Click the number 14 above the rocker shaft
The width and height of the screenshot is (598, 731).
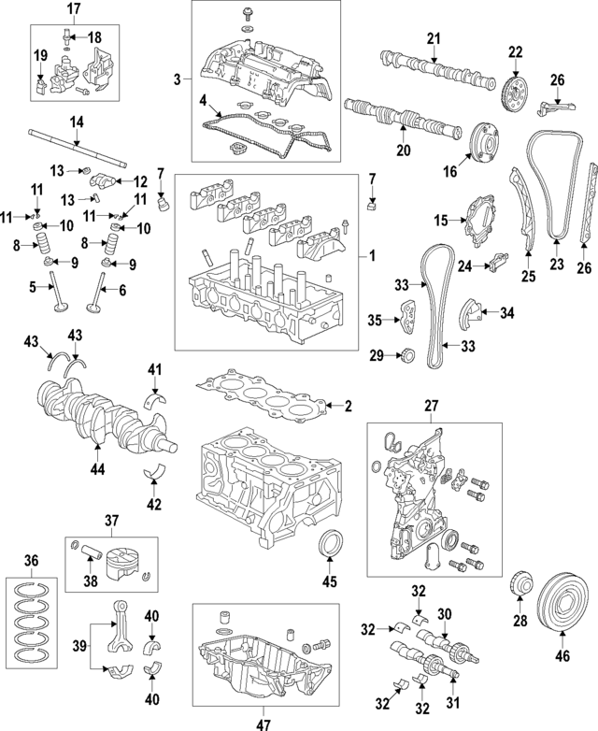point(77,122)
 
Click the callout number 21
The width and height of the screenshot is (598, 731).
point(433,38)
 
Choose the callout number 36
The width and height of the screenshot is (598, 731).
point(34,560)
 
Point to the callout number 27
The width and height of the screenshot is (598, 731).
point(432,406)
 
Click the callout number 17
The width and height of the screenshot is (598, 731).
point(72,9)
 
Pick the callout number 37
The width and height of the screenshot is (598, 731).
point(112,521)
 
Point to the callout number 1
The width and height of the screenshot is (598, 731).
point(373,254)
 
